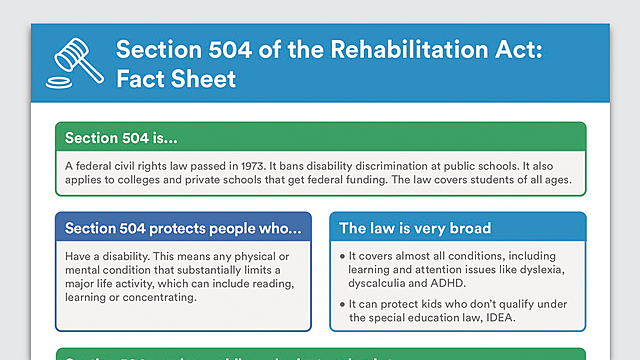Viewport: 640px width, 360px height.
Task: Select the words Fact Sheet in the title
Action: point(177,78)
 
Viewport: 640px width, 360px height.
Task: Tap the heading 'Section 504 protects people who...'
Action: point(182,228)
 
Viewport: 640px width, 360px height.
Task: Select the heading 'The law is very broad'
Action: point(415,228)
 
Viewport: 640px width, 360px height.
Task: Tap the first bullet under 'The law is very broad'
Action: point(343,254)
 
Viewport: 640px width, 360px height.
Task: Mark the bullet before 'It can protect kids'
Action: point(343,303)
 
